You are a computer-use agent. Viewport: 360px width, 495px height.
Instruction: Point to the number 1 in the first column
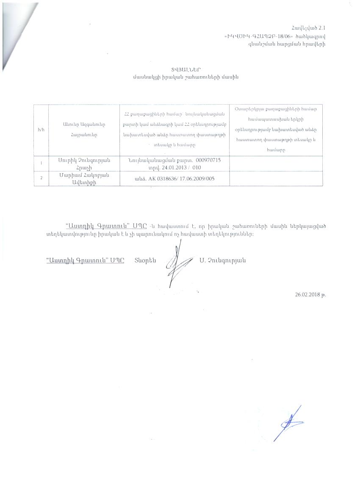[41, 163]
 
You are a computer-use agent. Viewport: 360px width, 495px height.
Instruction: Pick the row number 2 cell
[41, 178]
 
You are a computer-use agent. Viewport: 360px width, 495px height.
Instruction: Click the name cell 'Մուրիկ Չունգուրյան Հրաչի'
[84, 163]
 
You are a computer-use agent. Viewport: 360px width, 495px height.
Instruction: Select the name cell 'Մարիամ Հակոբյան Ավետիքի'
[84, 178]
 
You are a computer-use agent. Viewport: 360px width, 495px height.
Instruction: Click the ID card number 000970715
[206, 160]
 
